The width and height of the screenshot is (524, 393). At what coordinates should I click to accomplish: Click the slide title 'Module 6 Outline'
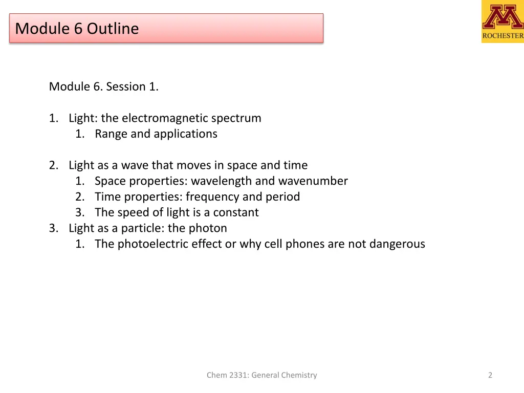tap(77, 28)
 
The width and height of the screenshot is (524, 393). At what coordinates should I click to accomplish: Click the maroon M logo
tap(503, 17)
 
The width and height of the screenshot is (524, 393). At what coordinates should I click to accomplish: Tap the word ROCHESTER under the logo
tap(503, 36)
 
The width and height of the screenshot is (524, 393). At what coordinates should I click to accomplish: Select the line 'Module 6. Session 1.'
tap(104, 86)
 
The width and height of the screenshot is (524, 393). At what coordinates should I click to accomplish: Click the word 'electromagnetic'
tap(162, 118)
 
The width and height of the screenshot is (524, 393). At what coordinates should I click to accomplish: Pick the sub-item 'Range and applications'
tap(156, 134)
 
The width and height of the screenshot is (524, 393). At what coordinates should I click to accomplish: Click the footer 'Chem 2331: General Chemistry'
tap(261, 375)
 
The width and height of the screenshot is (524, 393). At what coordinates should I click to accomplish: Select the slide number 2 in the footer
tap(490, 375)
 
